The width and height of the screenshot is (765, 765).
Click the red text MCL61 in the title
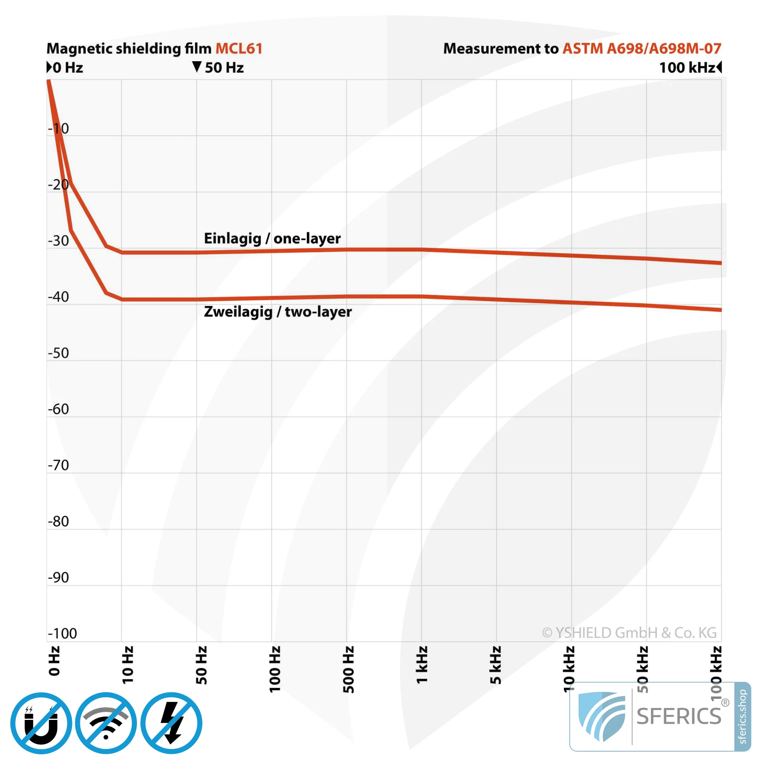pos(239,48)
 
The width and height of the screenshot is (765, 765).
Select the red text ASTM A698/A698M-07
pos(641,48)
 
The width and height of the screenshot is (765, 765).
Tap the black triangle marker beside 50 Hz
pos(197,67)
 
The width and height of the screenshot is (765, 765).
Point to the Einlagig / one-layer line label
pos(272,238)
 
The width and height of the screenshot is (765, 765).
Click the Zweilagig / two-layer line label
pos(278,312)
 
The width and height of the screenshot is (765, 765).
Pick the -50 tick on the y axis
pos(59,353)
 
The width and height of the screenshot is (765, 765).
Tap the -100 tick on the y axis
pos(62,633)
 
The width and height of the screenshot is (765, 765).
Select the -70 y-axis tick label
pos(59,465)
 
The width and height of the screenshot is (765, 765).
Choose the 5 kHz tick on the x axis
pos(496,665)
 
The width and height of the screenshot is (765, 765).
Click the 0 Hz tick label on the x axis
pos(54,661)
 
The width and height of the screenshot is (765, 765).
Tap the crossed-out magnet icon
pos(41,723)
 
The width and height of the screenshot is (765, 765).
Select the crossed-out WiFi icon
pos(106,723)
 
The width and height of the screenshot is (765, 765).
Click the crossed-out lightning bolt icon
pos(171,723)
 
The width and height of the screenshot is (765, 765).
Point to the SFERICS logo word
pos(679,716)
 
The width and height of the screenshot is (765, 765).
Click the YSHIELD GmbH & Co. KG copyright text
pos(629,633)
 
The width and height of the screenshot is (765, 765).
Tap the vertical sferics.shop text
pos(742,717)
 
